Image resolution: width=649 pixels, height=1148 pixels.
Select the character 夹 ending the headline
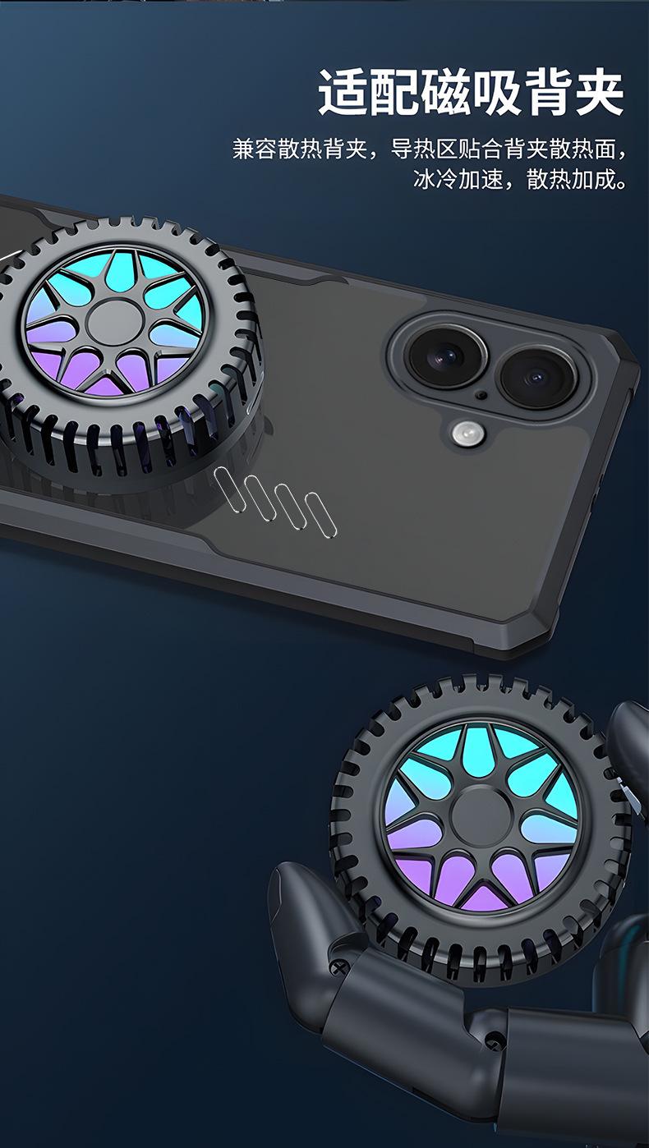click(599, 93)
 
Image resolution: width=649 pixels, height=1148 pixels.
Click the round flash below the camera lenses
click(467, 434)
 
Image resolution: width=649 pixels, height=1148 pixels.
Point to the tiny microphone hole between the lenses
click(481, 395)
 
